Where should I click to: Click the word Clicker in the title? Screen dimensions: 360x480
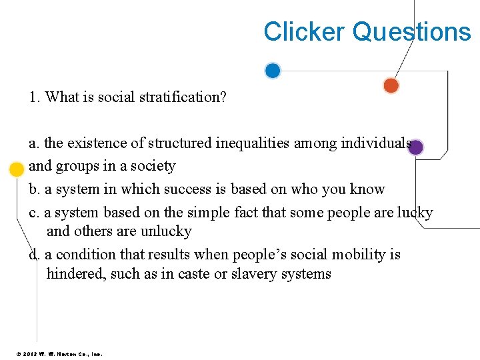pyautogui.click(x=304, y=31)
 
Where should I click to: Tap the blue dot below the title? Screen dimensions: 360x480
pyautogui.click(x=273, y=70)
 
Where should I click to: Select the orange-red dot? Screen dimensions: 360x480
pyautogui.click(x=391, y=85)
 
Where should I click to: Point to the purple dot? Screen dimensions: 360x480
pyautogui.click(x=415, y=147)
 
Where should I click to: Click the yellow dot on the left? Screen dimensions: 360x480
pyautogui.click(x=17, y=169)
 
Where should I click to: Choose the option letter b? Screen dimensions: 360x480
pyautogui.click(x=33, y=189)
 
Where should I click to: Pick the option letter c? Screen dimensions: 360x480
pyautogui.click(x=33, y=213)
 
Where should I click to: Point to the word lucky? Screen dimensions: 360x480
pyautogui.click(x=415, y=213)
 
